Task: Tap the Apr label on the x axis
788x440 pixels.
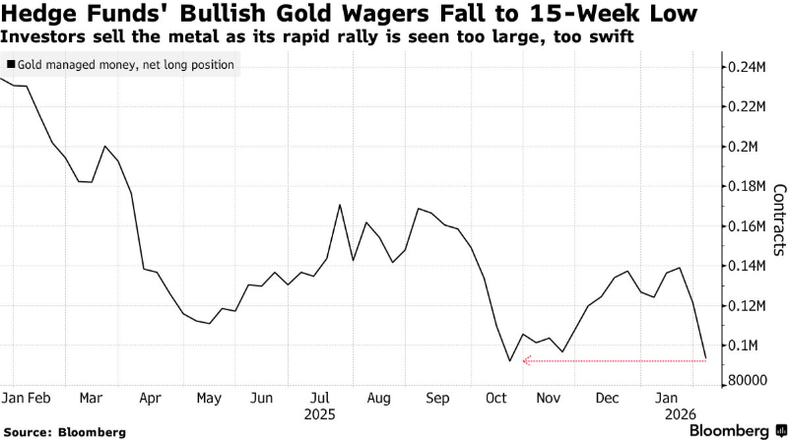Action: pos(151,399)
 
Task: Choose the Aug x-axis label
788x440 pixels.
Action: pos(378,399)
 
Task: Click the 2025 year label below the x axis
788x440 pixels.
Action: pos(321,414)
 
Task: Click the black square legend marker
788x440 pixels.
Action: pos(10,64)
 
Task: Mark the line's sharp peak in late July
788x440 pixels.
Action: pos(340,205)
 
